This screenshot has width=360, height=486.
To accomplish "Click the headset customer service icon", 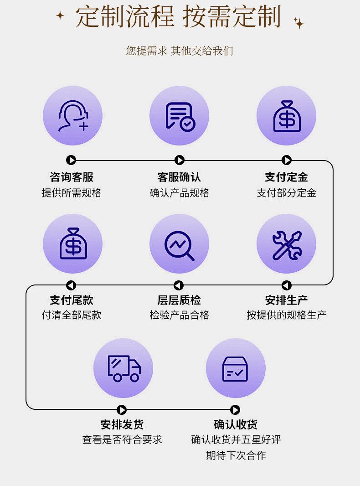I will (x=72, y=116).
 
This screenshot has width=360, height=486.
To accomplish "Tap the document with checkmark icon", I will (x=179, y=116).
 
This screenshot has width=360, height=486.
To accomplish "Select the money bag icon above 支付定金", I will (x=286, y=116).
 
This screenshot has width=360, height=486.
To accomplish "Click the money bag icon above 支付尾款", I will (x=72, y=243).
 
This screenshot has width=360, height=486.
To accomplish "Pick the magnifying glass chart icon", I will (x=179, y=243).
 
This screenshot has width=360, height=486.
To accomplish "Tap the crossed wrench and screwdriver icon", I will (x=286, y=243).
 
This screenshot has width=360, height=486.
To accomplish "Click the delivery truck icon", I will (x=123, y=368).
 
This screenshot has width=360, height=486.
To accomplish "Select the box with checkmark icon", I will (x=235, y=368).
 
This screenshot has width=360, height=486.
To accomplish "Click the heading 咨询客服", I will (x=72, y=177).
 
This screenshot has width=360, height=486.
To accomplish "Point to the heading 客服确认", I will (x=179, y=177).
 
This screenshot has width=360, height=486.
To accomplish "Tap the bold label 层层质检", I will (x=179, y=300).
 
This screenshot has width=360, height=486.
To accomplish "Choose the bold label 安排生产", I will (x=286, y=300).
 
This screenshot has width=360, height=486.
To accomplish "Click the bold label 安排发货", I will (x=122, y=424).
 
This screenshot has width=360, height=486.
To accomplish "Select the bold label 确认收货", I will (x=236, y=424).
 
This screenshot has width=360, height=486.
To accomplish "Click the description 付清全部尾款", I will (x=72, y=315).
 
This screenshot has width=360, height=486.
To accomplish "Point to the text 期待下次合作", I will (x=236, y=455).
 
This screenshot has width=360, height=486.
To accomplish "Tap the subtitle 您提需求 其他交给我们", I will (x=180, y=51).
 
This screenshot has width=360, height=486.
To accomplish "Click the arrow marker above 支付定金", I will (x=287, y=160).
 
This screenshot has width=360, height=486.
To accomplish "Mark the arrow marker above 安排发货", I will (x=122, y=410).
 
